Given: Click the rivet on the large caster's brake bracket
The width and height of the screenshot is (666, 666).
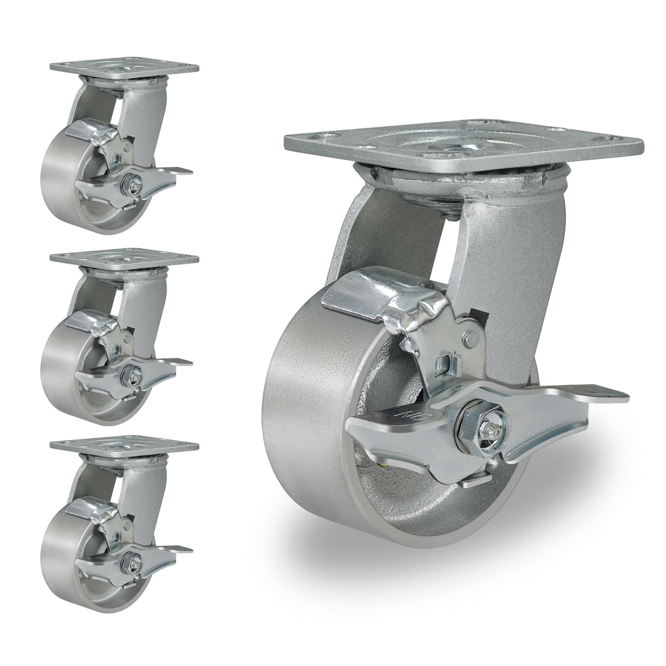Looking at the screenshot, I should tap(471, 339).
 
